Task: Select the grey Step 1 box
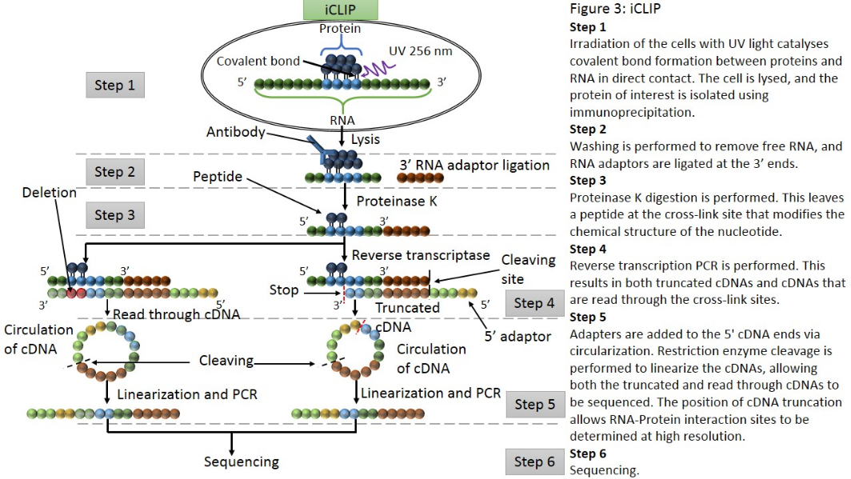[x=115, y=85]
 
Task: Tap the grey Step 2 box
[x=115, y=172]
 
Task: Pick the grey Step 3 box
[x=115, y=215]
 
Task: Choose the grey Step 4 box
[x=534, y=303]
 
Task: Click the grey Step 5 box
[x=534, y=405]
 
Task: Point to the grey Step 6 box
[x=534, y=461]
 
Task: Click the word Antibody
[x=235, y=132]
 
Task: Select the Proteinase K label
[x=397, y=202]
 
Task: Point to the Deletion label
[x=50, y=193]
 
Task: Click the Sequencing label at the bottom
[x=242, y=461]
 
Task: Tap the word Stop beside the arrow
[x=284, y=289]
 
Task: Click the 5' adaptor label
[x=518, y=337]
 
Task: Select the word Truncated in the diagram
[x=408, y=307]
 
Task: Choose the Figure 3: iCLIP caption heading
[x=617, y=10]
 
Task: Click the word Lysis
[x=366, y=139]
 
